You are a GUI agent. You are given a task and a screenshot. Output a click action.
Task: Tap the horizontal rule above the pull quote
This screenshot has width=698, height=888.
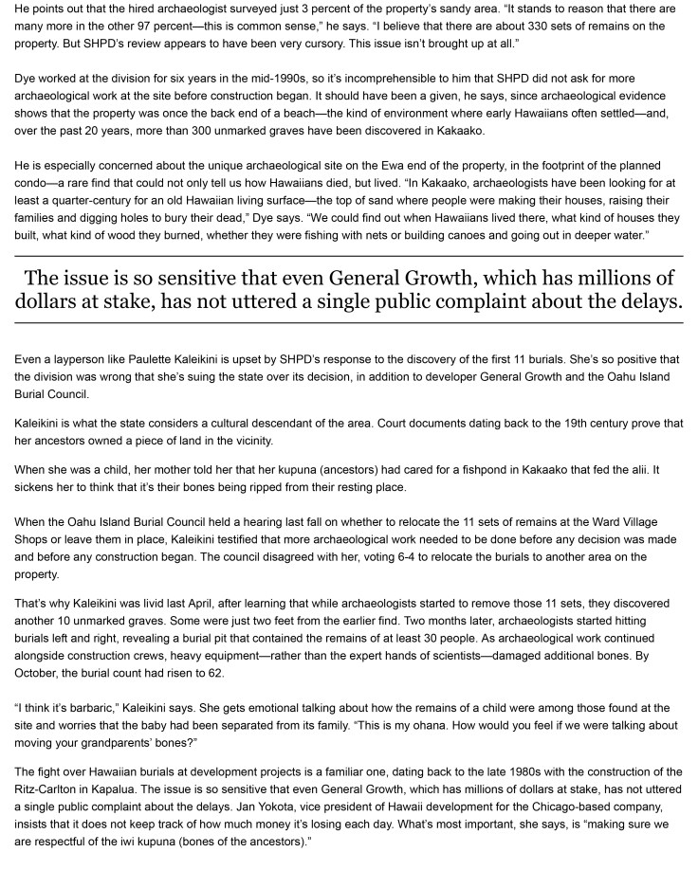349,257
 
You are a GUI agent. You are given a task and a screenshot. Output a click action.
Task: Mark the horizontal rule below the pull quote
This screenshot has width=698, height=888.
349,323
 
